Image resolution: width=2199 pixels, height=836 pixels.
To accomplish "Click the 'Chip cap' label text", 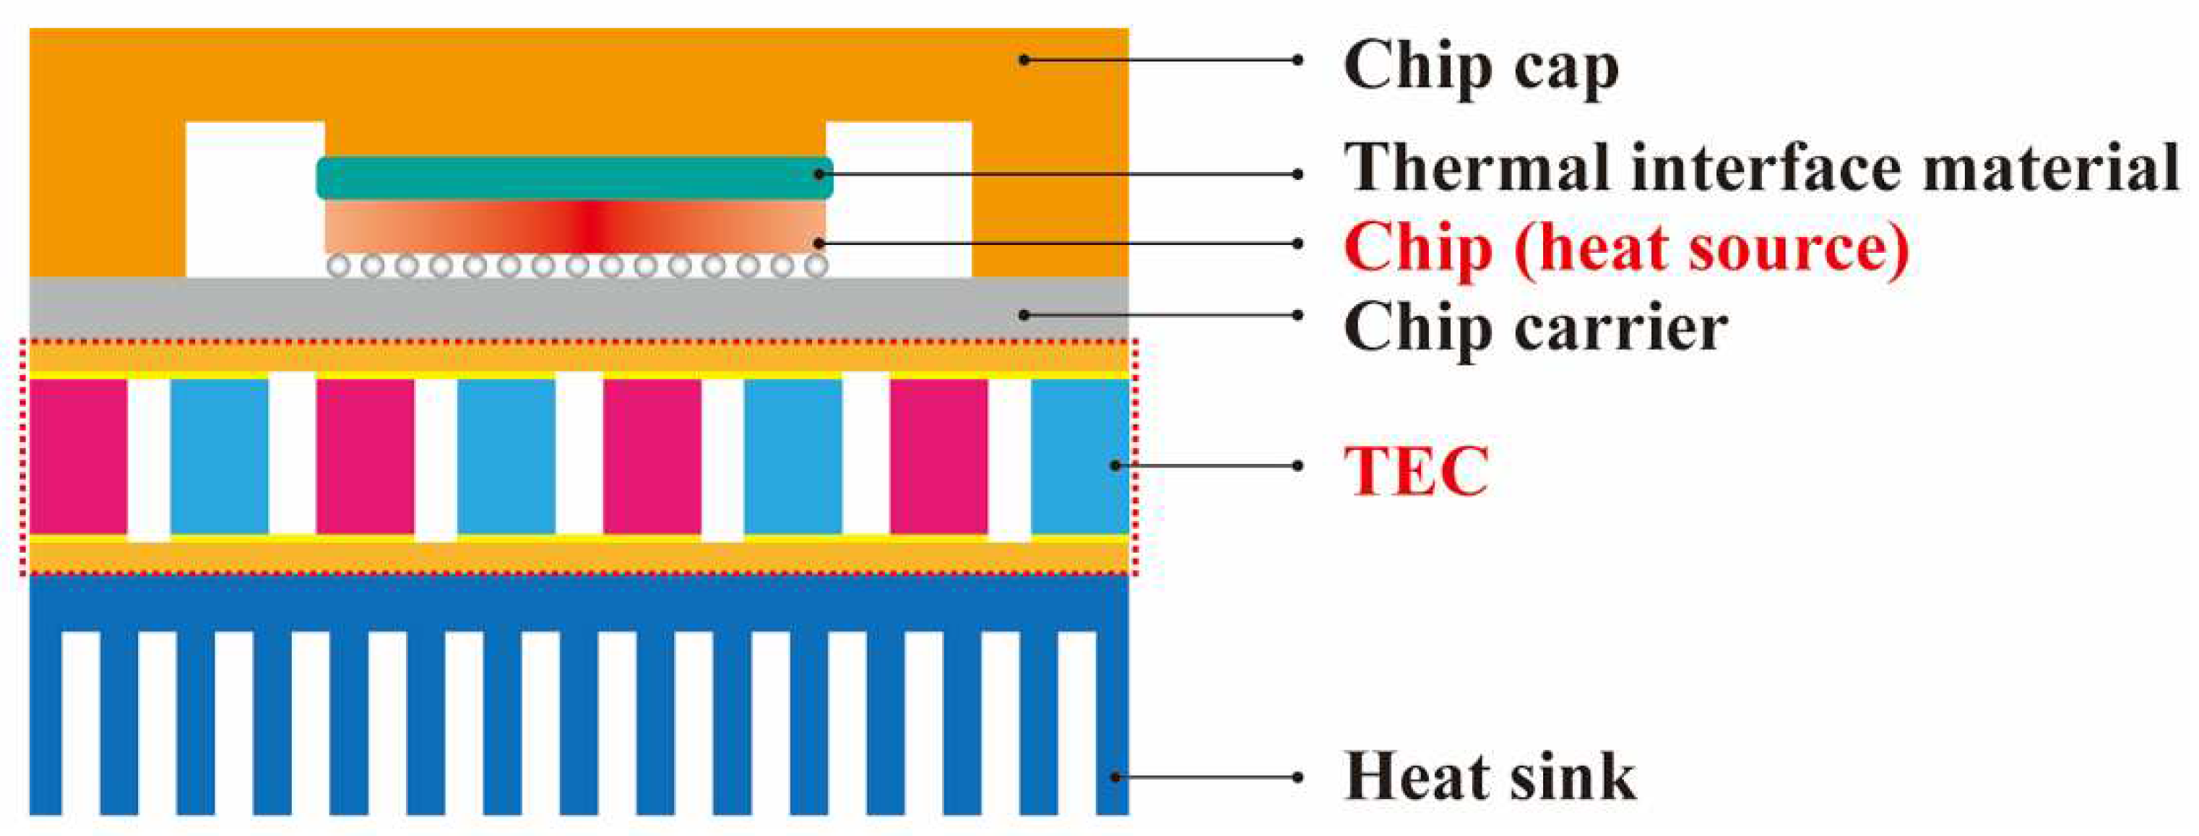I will coord(1481,67).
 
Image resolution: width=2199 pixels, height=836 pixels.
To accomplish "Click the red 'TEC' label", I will coord(1416,469).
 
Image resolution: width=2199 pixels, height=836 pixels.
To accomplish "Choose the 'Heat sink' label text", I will coord(1490,776).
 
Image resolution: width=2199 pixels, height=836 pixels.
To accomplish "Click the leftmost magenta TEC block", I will coord(79,456).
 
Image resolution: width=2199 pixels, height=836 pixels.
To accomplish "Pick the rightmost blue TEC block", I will coord(1080,456).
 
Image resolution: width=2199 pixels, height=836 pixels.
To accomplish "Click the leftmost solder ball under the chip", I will coord(339,266).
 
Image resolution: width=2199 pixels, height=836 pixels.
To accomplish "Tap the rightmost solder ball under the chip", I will coord(816,266).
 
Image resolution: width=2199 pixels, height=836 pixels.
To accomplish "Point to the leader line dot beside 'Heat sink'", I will coord(1297,777).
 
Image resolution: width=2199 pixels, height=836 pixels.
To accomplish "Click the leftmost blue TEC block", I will coord(220,456).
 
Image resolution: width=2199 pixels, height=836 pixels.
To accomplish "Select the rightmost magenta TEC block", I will coord(939,456).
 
